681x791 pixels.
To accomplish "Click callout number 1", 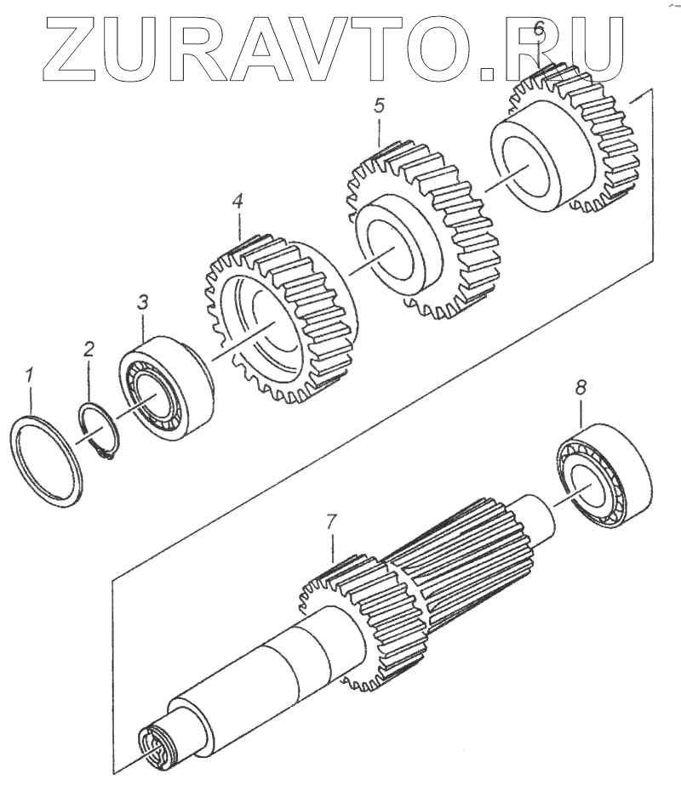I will pos(30,373).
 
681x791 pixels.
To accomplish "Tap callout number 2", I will pos(89,348).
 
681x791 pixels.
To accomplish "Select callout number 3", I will pos(143,301).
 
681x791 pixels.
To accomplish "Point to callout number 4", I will pos(237,202).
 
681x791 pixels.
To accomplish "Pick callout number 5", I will pos(379,105).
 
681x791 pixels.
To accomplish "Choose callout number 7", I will pos(332,520).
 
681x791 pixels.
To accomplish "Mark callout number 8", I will pos(580,387).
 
